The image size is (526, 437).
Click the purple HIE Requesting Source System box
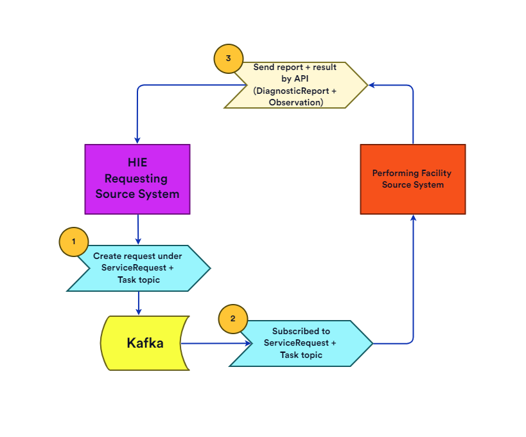(x=137, y=179)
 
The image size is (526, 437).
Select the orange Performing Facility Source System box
(x=412, y=179)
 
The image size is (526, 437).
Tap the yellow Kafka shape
(x=145, y=343)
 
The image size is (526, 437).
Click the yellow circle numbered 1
(x=74, y=242)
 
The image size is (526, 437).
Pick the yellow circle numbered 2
(x=233, y=319)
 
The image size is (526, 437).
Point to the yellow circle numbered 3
(x=228, y=59)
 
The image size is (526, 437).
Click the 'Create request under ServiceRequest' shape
(x=139, y=268)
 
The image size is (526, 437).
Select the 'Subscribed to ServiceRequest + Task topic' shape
(x=301, y=343)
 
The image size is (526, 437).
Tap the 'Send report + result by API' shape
(x=295, y=85)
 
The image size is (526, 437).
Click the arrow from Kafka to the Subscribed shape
(x=215, y=343)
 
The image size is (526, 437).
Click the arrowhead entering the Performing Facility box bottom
(x=413, y=219)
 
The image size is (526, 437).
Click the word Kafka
(x=145, y=343)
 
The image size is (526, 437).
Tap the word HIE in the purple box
(x=137, y=163)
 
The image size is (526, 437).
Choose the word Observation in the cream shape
(x=295, y=102)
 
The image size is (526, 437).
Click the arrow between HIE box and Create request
(x=138, y=229)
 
